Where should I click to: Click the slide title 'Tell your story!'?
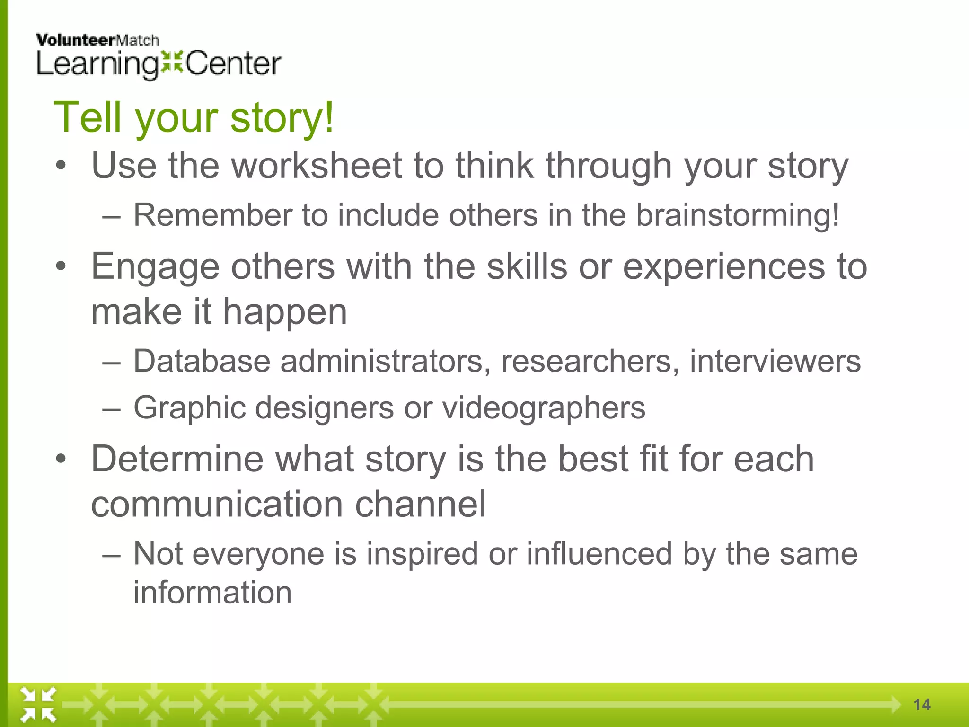coord(194,117)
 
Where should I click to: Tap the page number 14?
coord(922,705)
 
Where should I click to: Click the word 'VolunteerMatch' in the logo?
coord(97,41)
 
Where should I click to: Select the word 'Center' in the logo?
coord(234,64)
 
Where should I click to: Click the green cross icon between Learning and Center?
coord(172,62)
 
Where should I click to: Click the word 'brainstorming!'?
coord(737,216)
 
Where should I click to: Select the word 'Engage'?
coord(155,267)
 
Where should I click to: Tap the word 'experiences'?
coord(724,267)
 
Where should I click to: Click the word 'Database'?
coord(202,362)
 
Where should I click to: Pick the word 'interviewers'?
coord(775,362)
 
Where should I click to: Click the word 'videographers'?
coord(544,408)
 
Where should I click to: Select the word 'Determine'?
coord(177,459)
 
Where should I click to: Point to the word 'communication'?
coord(217,505)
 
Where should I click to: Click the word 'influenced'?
coord(599,554)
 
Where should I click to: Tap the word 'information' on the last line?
coord(212,593)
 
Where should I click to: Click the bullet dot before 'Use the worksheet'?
coord(60,166)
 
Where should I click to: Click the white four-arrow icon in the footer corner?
coord(38,705)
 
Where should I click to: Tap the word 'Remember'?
coord(212,216)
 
